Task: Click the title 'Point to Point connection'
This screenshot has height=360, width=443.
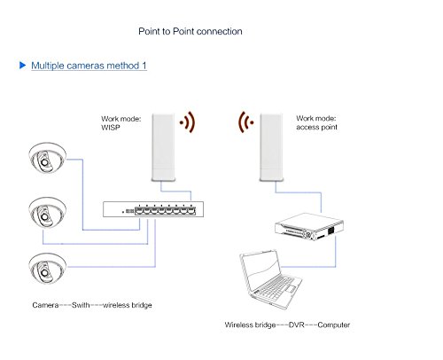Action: pos(190,31)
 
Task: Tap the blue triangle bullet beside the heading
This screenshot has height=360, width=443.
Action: pos(22,65)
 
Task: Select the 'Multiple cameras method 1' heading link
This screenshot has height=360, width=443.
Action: pos(89,66)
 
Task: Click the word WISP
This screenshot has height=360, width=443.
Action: pos(111,128)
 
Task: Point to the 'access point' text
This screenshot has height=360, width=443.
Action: pos(316,127)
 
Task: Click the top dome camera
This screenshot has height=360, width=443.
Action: pos(47,158)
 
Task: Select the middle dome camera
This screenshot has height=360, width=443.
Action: pos(47,212)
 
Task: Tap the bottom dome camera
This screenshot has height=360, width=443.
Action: pos(47,269)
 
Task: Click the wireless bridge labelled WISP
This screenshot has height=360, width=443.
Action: pos(163,147)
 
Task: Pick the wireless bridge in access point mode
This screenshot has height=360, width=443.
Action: pos(271,147)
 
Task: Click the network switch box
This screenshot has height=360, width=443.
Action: pos(153,209)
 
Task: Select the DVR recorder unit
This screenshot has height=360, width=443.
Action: pos(309,227)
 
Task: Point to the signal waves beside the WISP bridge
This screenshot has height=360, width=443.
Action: pos(188,122)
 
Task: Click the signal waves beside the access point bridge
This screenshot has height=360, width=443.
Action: pos(245,122)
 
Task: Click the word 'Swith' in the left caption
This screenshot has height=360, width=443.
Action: pos(81,305)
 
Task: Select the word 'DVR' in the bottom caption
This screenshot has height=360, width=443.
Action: pos(296,325)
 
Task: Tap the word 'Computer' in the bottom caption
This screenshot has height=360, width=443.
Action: pos(334,325)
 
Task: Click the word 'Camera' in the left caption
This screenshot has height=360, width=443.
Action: pos(45,305)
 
